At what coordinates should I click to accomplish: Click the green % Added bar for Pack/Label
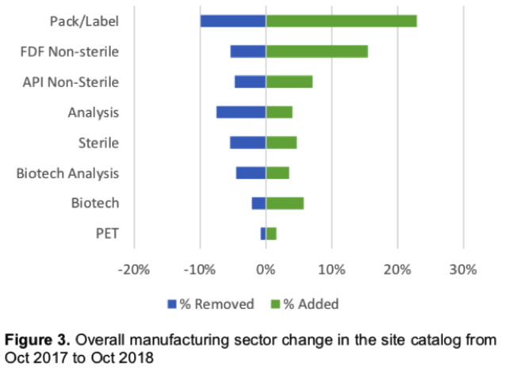[x=341, y=21]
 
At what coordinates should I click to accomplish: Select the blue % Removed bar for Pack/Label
[x=233, y=21]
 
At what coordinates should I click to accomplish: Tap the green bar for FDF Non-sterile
[x=316, y=52]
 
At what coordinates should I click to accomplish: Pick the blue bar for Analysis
[x=241, y=112]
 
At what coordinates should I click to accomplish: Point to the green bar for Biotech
[x=285, y=203]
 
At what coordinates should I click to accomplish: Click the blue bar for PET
[x=263, y=233]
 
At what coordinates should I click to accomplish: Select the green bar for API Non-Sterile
[x=289, y=82]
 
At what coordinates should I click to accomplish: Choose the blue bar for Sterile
[x=247, y=143]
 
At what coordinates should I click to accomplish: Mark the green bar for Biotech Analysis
[x=277, y=173]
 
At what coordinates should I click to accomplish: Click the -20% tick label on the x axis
[x=133, y=269]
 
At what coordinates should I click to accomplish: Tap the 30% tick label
[x=462, y=269]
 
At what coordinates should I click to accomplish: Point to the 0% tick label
[x=266, y=269]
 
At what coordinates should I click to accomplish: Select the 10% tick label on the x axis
[x=332, y=269]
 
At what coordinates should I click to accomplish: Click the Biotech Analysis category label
[x=67, y=173]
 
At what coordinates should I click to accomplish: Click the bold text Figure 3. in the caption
[x=39, y=340]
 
